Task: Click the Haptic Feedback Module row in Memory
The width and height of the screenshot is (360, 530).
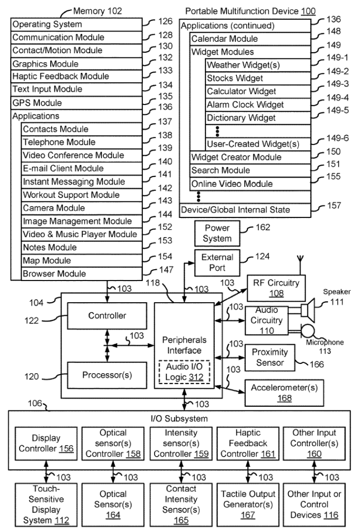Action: tap(76, 77)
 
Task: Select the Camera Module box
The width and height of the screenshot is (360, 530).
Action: tap(81, 208)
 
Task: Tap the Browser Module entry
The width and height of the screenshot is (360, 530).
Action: tap(81, 274)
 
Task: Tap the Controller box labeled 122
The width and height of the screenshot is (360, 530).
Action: tap(108, 315)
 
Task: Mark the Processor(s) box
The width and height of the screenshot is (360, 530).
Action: tap(108, 375)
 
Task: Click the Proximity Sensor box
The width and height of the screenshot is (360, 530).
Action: tap(269, 358)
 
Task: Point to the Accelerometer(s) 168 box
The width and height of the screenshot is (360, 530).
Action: tap(284, 392)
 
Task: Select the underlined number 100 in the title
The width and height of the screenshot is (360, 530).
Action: tap(308, 11)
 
